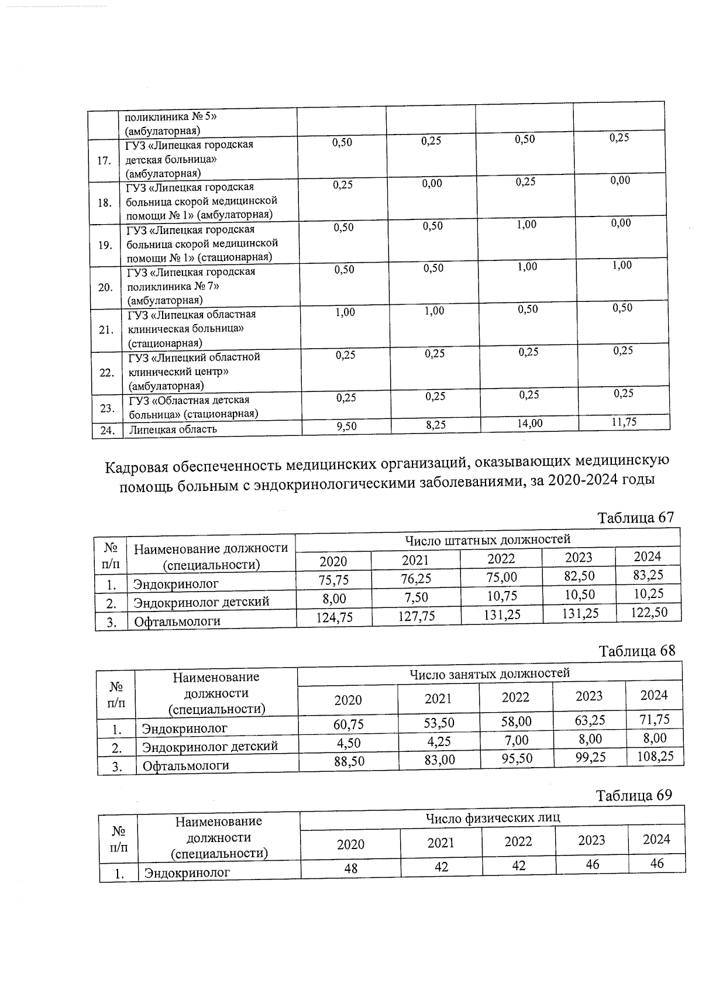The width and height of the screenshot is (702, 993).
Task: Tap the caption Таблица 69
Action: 634,795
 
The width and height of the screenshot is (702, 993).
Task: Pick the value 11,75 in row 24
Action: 624,422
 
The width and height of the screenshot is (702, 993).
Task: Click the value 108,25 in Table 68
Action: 654,756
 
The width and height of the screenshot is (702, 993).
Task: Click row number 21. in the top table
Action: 106,329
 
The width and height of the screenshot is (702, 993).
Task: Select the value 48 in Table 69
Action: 350,868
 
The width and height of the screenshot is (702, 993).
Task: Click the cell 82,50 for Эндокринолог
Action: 579,576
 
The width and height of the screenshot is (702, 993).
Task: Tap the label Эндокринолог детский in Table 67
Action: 201,602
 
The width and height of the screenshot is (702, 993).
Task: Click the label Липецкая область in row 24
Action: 173,429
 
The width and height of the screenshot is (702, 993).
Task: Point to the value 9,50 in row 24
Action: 346,427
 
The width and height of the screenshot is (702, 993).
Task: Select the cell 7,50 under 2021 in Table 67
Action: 415,597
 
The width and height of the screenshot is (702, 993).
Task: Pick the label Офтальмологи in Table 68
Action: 185,765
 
